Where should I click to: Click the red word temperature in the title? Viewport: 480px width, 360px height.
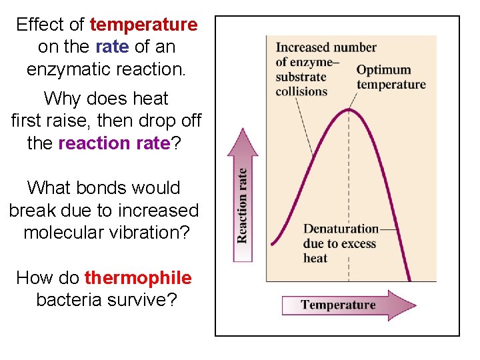143,25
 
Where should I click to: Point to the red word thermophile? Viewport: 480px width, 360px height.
138,278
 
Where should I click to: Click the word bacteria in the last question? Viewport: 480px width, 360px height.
67,300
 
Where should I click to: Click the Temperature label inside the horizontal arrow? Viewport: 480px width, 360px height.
338,305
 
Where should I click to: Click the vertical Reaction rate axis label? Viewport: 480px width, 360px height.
242,205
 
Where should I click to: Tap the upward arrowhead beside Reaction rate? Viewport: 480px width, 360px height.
242,143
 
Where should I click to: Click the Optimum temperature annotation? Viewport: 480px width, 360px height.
391,77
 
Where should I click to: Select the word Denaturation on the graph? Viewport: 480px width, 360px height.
341,229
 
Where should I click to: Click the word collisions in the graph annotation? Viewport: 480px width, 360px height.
301,91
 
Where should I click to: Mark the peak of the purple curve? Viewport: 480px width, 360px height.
349,109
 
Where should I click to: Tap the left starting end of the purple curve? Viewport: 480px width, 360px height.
272,243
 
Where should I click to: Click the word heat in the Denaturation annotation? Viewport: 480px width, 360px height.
315,259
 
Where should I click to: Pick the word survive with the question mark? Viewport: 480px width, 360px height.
146,300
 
